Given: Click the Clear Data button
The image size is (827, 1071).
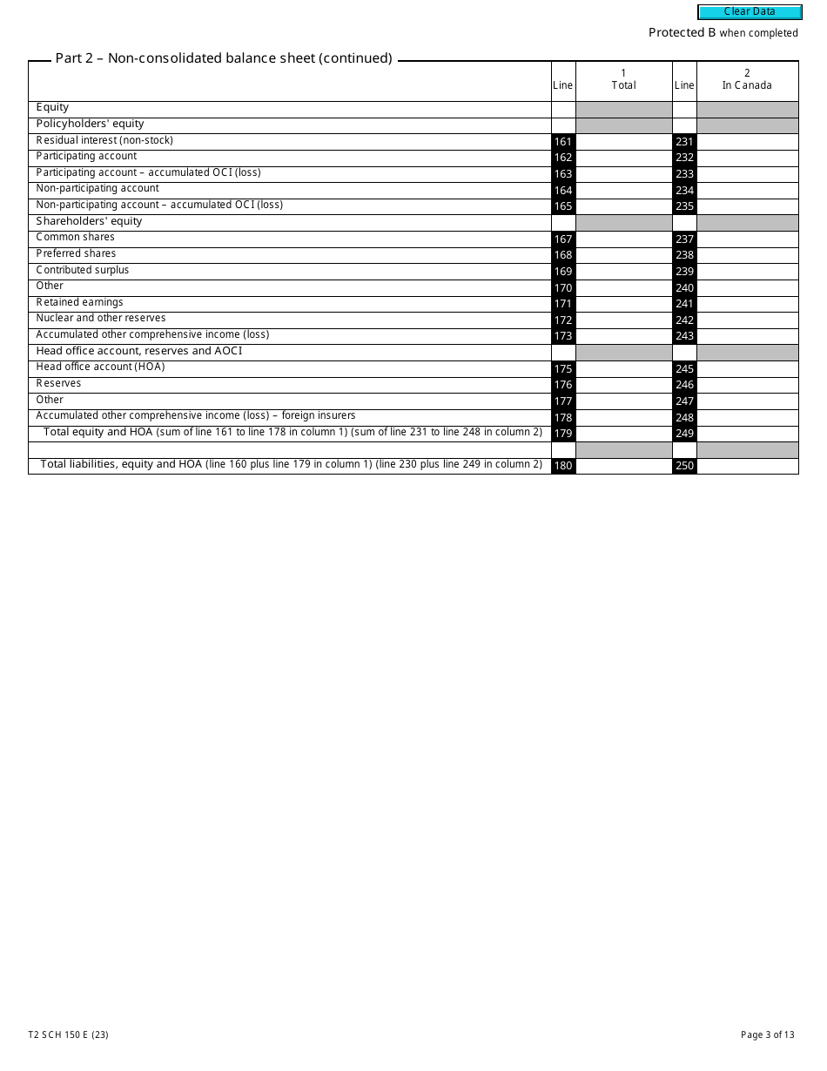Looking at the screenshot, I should point(750,12).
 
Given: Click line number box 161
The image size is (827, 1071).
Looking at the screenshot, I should point(563,142).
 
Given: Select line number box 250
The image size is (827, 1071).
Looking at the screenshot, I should point(684,466).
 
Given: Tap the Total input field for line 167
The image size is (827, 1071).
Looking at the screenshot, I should point(623,239).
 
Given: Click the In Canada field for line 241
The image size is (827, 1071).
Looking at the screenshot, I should point(747,304).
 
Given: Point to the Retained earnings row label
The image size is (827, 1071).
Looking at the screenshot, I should point(79,303).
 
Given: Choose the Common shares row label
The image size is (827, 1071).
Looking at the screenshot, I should point(75,238).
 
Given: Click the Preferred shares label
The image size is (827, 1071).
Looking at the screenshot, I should point(76,254).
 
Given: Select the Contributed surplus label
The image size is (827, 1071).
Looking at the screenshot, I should point(82,270).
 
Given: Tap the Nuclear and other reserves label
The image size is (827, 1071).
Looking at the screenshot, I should point(100,319).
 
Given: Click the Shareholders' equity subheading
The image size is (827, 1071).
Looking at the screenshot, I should point(89,221).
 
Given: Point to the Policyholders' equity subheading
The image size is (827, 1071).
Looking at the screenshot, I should point(90,124).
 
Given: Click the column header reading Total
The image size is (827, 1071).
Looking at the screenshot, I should point(623,85).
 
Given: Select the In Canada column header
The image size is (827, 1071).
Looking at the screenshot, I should point(747,85).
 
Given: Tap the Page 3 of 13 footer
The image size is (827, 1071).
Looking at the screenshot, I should point(767,1035).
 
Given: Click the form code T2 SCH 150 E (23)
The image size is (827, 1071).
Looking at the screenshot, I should point(68,1035).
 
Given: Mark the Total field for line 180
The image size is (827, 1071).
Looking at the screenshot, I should point(623,466).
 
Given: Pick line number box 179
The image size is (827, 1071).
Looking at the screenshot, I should point(563,434).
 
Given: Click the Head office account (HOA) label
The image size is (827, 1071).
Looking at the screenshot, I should point(100,367).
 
